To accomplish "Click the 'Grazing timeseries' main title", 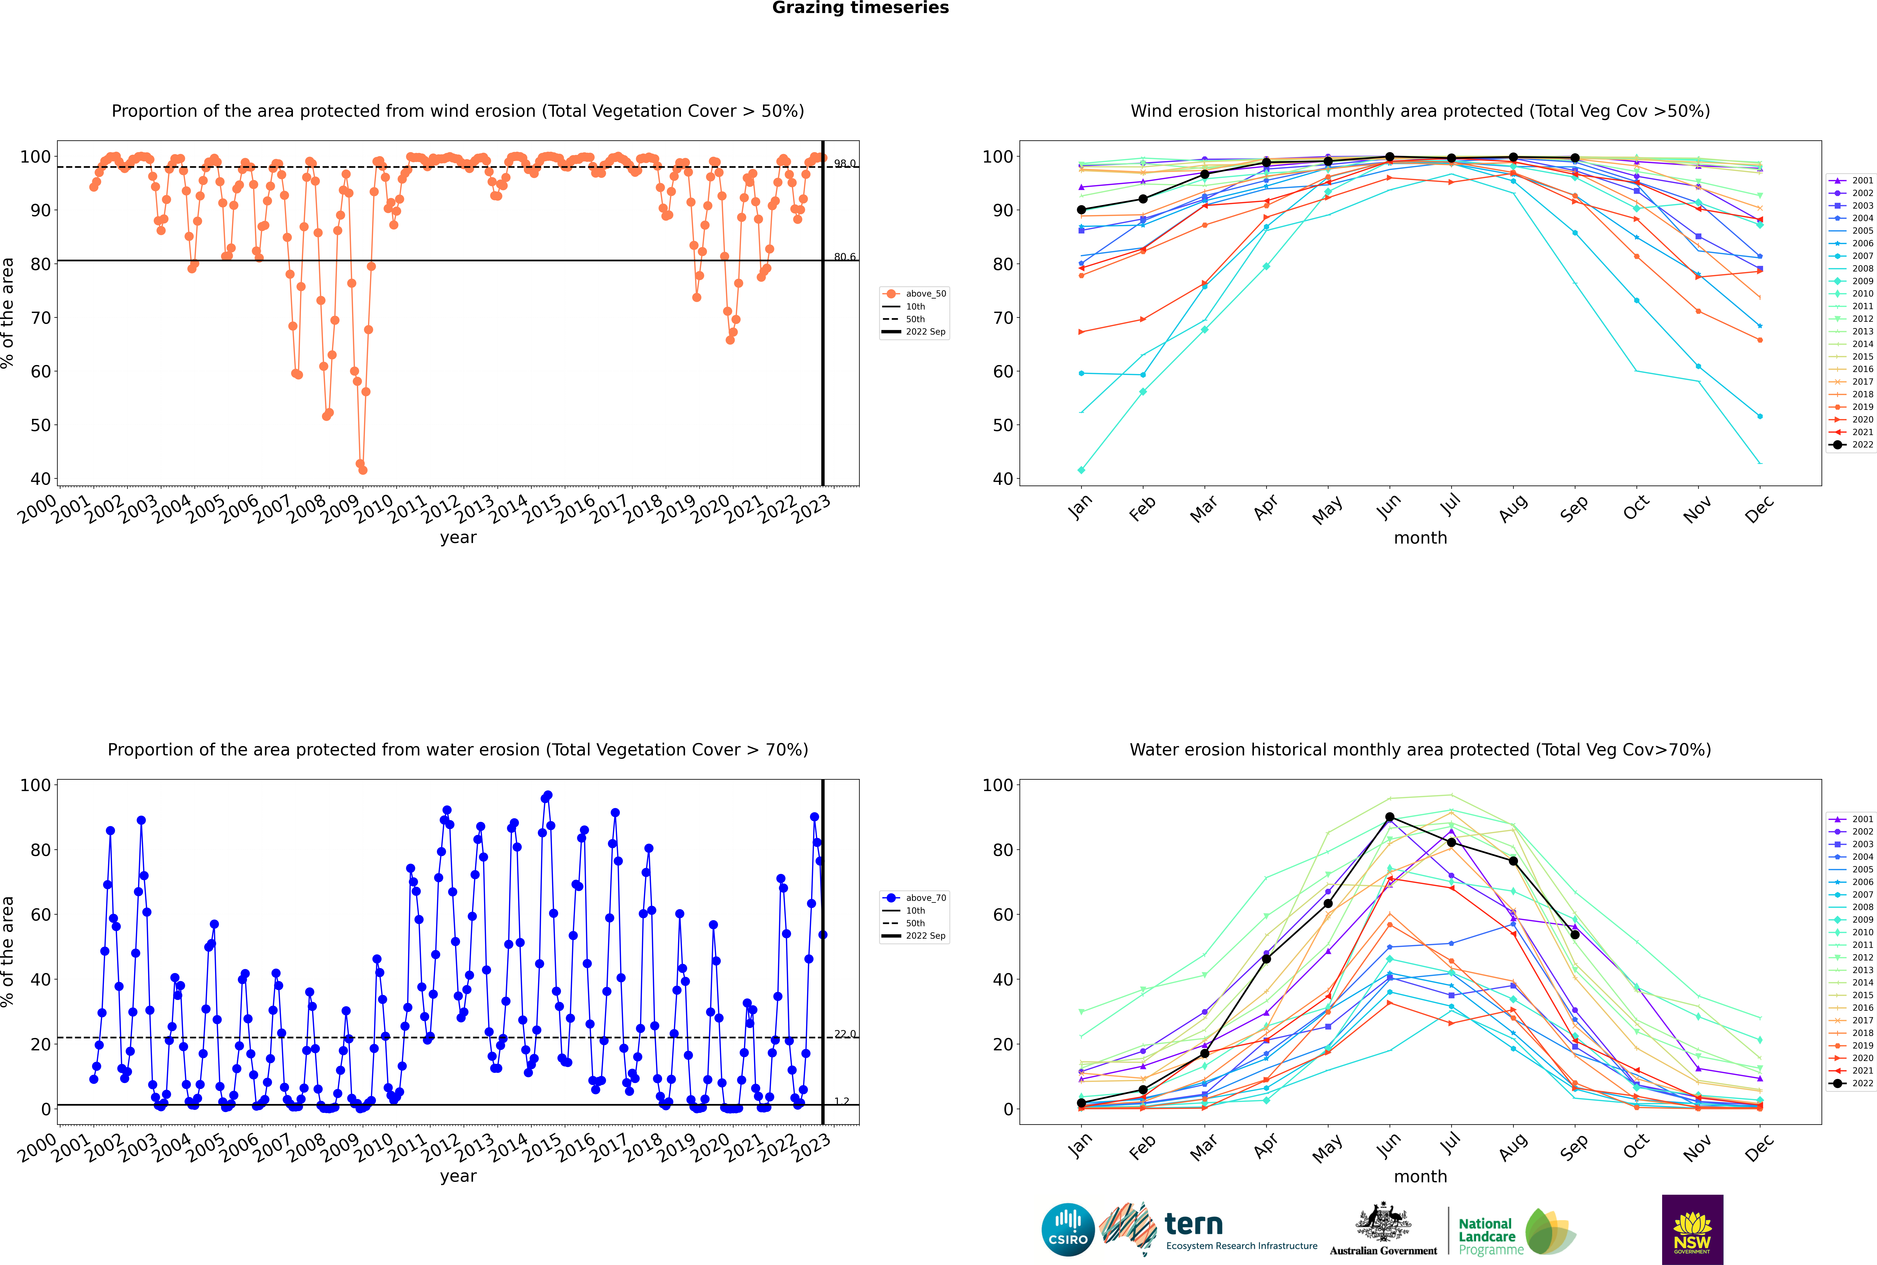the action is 860,8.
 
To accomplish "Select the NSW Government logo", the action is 1692,1230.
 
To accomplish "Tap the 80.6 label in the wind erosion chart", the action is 845,256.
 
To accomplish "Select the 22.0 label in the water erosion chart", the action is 845,1034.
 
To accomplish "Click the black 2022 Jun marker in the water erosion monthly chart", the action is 1390,817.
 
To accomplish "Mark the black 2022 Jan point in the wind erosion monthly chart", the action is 1081,210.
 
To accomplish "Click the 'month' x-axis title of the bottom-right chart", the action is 1420,1176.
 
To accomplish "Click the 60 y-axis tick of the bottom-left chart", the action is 40,915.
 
